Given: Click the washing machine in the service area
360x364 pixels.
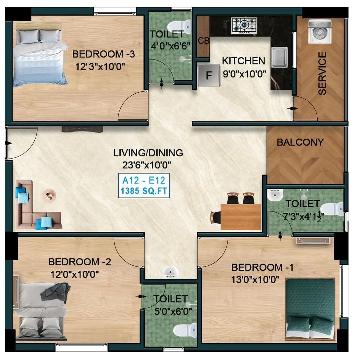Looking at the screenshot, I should (320, 32).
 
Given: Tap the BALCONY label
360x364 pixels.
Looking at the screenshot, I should (300, 142).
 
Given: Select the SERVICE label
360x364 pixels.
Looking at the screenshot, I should (322, 73).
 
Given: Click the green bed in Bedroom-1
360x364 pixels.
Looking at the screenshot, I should (310, 309).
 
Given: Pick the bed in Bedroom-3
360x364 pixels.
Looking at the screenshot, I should (39, 58).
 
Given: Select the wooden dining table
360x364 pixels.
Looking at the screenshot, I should (240, 217).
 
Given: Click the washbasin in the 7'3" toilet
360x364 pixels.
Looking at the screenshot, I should (275, 196).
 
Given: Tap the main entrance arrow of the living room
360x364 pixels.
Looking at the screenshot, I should (8, 143).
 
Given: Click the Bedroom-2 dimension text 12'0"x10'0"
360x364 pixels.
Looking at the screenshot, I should (75, 274).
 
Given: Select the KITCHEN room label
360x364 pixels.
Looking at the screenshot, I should (243, 61).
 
